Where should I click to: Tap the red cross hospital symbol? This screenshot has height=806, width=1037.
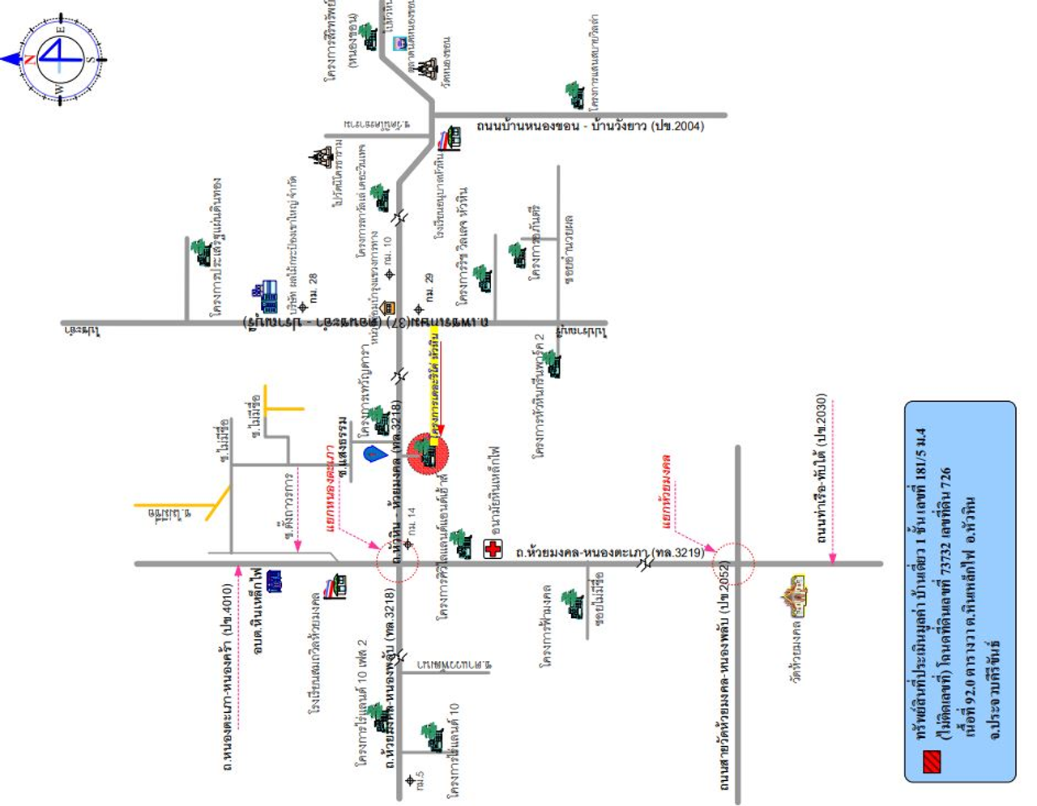tap(493, 548)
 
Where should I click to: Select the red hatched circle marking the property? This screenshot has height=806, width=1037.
tap(426, 454)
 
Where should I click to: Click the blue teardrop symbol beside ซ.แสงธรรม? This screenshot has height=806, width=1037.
tap(373, 454)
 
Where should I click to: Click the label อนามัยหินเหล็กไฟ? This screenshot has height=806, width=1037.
tap(495, 489)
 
